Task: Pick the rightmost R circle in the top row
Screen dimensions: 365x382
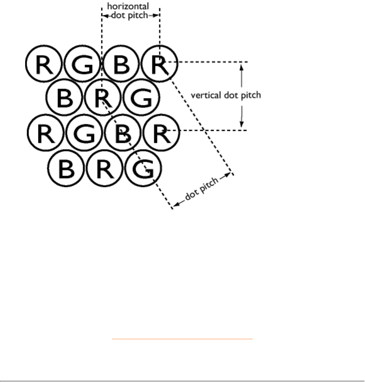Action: click(x=160, y=64)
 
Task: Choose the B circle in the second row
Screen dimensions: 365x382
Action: click(x=65, y=98)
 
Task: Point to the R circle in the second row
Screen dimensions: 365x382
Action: click(x=103, y=98)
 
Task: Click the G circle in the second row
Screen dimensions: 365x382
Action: click(x=141, y=98)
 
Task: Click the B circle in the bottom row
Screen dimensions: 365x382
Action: click(x=66, y=168)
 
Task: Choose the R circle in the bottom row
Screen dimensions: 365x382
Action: click(x=105, y=168)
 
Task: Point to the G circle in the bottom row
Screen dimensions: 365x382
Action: click(x=143, y=168)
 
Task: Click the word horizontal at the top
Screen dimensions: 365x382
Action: click(x=128, y=6)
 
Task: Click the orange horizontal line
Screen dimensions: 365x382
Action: click(x=182, y=339)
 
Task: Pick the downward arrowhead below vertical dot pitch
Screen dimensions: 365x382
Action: click(x=241, y=125)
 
